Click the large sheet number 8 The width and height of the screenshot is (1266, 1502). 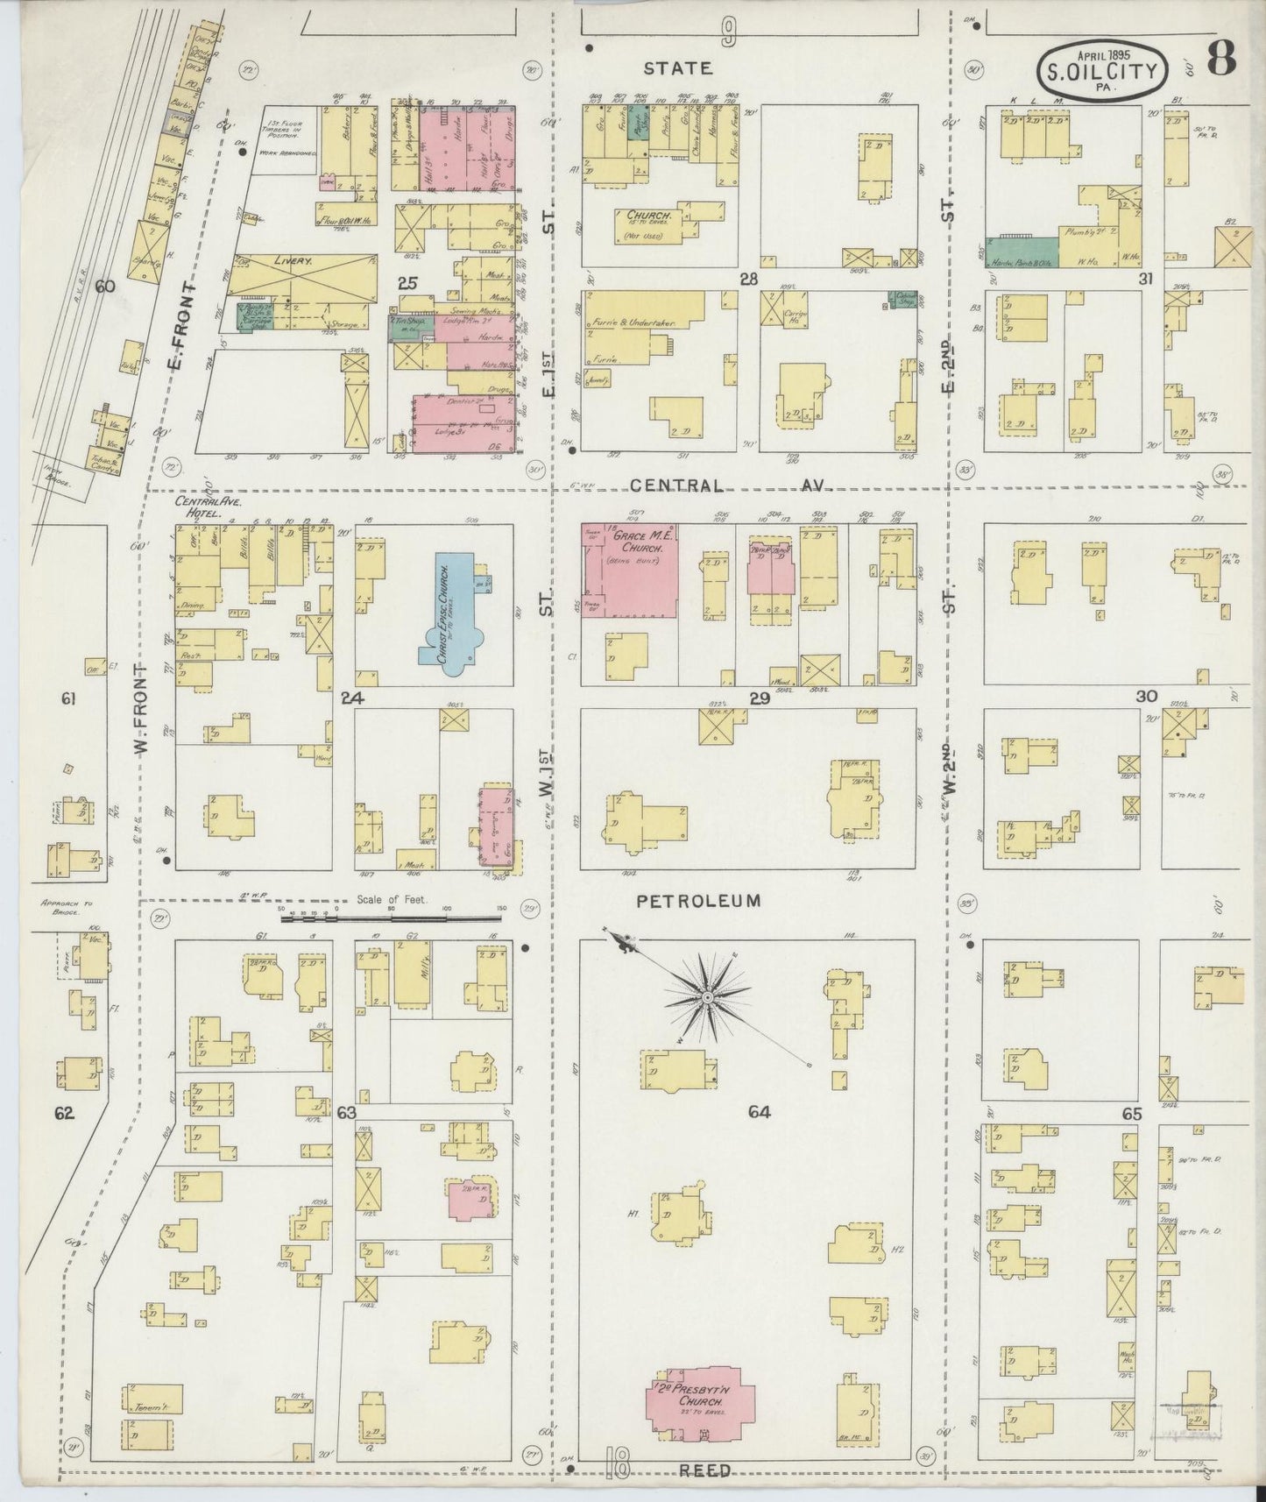1220,59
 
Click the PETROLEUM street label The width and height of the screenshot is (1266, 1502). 698,900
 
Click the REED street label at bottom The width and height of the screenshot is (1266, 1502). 705,1470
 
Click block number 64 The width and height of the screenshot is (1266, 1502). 759,1112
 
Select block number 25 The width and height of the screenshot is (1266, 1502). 406,283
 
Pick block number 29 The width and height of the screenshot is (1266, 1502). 759,698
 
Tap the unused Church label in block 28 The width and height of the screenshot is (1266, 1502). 648,216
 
